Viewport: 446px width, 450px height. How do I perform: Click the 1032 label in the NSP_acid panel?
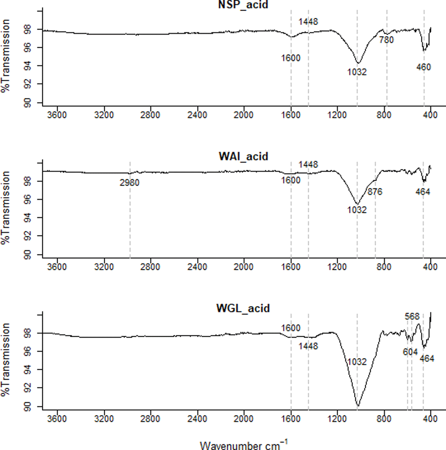(x=357, y=71)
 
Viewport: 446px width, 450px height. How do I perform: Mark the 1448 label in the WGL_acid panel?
(x=309, y=346)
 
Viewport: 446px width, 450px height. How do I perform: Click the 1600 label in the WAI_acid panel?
(x=291, y=180)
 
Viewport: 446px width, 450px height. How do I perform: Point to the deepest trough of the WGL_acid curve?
(x=357, y=406)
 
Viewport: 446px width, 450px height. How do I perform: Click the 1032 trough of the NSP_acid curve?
(x=357, y=63)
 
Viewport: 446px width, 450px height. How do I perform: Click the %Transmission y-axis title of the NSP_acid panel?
(x=6, y=60)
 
